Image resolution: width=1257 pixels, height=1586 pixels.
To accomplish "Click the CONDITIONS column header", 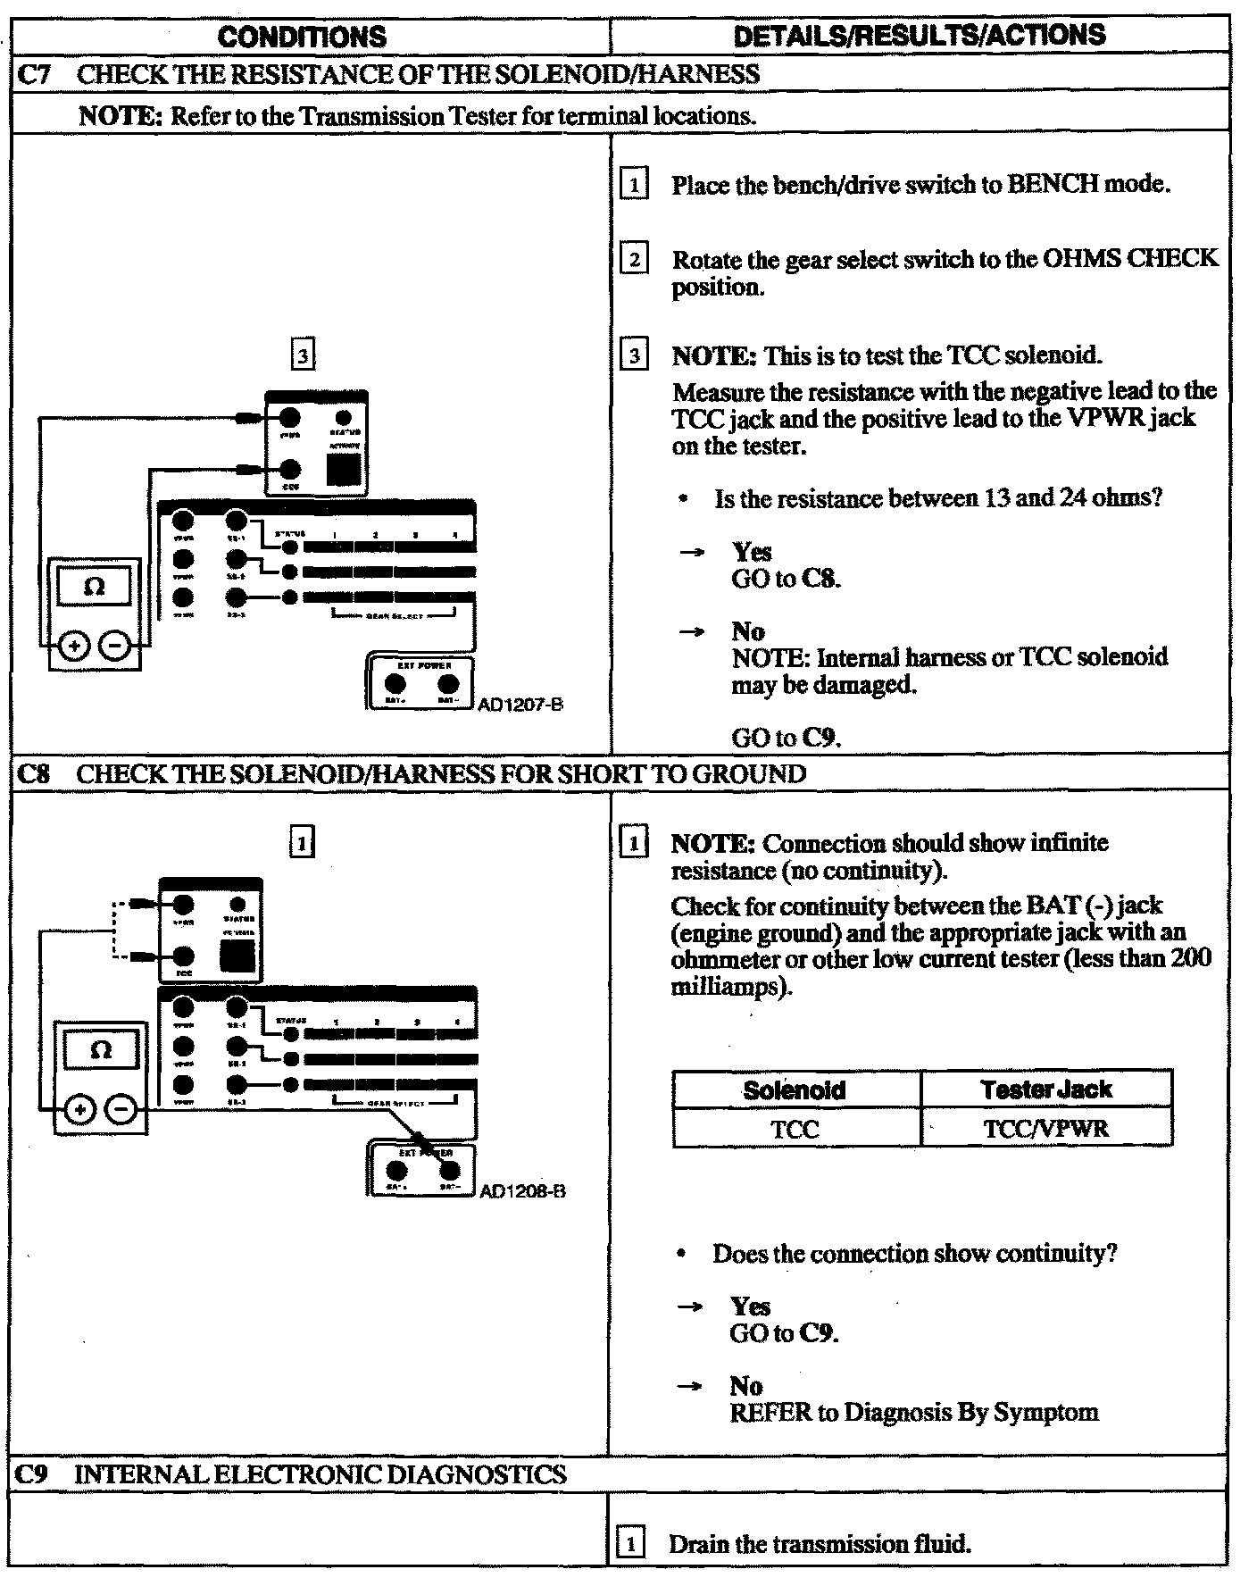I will (x=302, y=37).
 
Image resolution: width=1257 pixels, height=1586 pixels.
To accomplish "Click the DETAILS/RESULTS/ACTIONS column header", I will (x=919, y=35).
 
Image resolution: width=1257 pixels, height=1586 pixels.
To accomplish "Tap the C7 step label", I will (x=35, y=74).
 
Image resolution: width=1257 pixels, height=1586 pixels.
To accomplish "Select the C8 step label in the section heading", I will (x=34, y=773).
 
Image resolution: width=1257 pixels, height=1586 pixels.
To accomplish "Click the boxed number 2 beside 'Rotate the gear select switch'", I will (x=634, y=260).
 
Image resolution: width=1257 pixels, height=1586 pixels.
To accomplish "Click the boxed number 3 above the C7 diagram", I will (x=304, y=356).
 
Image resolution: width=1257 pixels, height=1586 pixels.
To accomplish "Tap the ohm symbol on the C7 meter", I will (x=94, y=587).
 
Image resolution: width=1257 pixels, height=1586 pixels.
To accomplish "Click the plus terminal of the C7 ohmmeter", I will (x=74, y=646).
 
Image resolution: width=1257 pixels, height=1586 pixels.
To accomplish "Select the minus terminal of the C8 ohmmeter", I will (x=122, y=1109).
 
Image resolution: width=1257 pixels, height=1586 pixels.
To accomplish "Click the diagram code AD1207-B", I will (x=520, y=705).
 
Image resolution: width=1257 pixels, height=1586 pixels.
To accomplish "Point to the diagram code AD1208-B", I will (x=522, y=1191).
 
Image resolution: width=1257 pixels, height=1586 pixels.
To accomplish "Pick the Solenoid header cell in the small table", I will (x=795, y=1089).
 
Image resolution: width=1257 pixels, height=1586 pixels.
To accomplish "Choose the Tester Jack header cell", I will (x=1045, y=1089).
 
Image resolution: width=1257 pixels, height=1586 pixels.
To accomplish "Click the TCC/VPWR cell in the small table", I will (x=1045, y=1129).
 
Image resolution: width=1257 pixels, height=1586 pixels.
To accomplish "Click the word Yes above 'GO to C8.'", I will (x=752, y=552).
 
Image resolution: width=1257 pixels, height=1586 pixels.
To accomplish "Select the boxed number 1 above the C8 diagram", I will (x=303, y=842).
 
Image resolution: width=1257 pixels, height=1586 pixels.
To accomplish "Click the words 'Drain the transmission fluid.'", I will (x=819, y=1544).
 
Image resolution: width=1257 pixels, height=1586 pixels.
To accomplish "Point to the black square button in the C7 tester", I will (x=344, y=469).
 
